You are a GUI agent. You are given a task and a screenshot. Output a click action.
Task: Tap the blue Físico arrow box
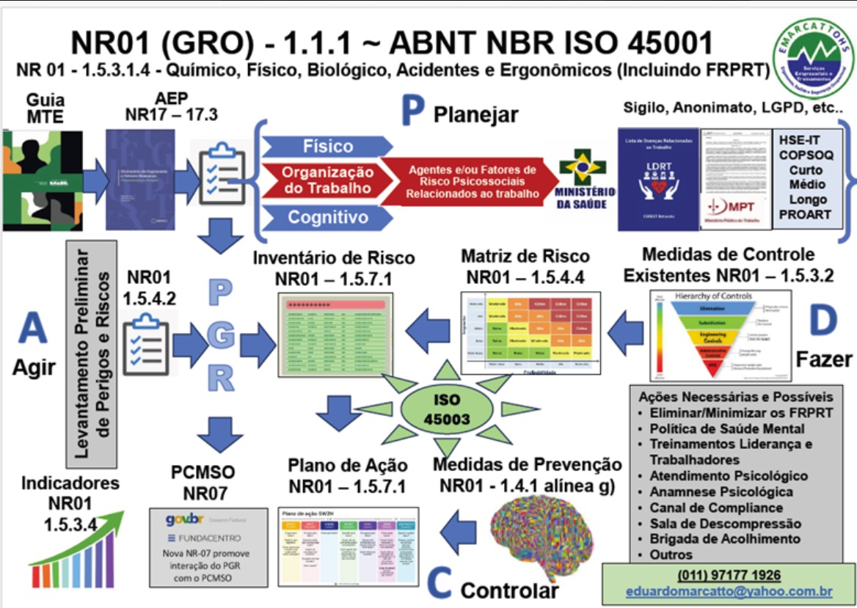point(327,146)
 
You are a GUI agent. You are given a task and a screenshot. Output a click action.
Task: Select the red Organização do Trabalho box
point(328,180)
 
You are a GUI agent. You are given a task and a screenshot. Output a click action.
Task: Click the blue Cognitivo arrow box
point(327,217)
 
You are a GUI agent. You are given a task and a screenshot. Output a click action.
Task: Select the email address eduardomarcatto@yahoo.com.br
point(729,591)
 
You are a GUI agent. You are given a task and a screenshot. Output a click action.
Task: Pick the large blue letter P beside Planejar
point(414,114)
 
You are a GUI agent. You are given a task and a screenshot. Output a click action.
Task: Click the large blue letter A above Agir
point(32,329)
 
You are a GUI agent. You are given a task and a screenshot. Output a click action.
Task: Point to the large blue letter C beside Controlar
point(439,584)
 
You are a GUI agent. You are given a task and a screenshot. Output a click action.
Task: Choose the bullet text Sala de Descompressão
point(725,524)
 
